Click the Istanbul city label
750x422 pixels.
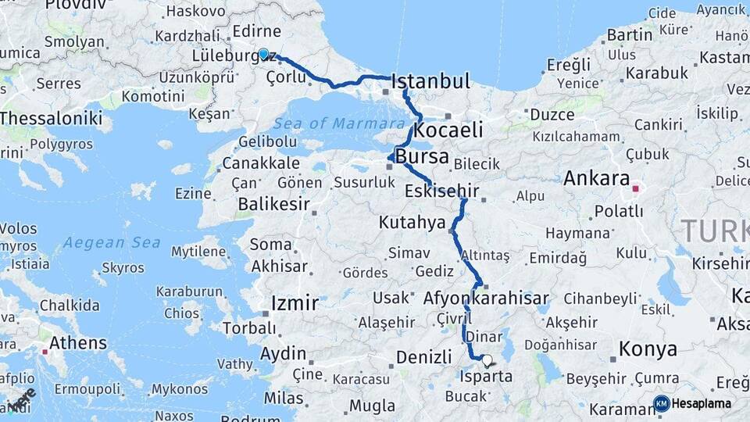point(430,81)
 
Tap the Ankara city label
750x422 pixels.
point(597,178)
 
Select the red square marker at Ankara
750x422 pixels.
point(635,188)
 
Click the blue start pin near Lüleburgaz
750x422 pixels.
point(264,54)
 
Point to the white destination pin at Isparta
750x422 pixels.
point(487,360)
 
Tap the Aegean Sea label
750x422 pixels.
point(112,242)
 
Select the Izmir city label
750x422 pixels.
point(294,302)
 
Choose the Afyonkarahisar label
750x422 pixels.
point(486,298)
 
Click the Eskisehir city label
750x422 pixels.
point(442,191)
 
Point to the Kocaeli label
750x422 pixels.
point(448,130)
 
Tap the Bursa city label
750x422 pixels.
point(422,156)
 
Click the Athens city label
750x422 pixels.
point(78,342)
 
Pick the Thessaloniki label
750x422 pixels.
point(52,118)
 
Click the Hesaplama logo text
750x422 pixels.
point(702,403)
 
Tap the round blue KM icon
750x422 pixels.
point(662,403)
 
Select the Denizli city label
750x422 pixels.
point(424,357)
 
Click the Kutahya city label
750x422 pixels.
point(412,223)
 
